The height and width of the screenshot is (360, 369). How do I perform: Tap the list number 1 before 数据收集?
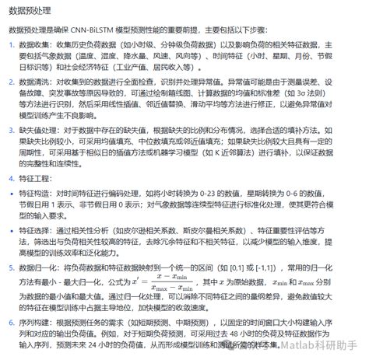point(12,46)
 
